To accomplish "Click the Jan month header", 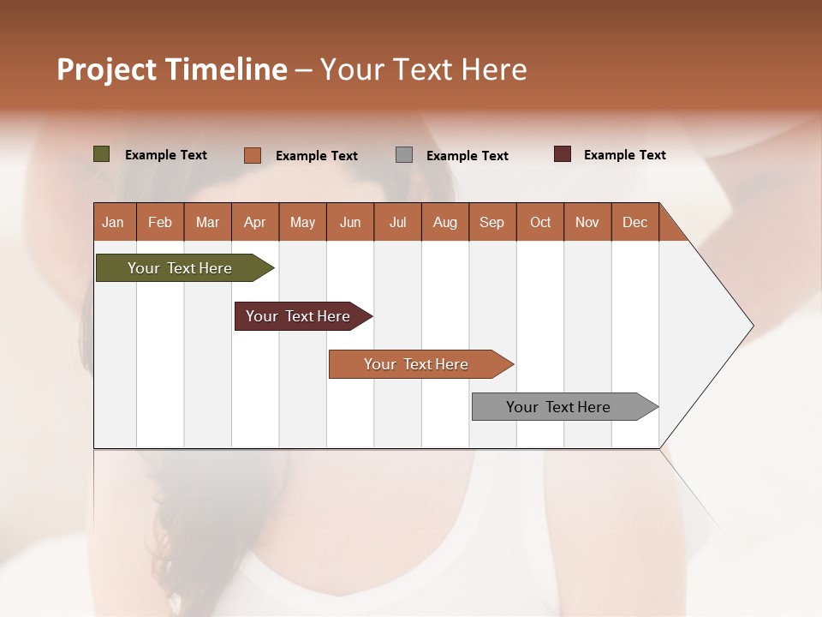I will (114, 222).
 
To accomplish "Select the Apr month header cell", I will (255, 222).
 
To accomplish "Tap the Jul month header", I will (397, 222).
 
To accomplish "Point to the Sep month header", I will (492, 222).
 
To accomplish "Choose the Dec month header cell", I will (634, 222).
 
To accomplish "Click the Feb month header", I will (160, 222).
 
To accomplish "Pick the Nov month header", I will (587, 222).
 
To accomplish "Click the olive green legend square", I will (102, 154).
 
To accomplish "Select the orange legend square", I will (253, 155).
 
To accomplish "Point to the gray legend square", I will (404, 155).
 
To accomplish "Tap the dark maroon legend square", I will (563, 154).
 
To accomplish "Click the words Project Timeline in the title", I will (171, 69).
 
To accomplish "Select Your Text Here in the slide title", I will (424, 69).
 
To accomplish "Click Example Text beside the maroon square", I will (624, 155).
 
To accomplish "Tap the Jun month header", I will (350, 222).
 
